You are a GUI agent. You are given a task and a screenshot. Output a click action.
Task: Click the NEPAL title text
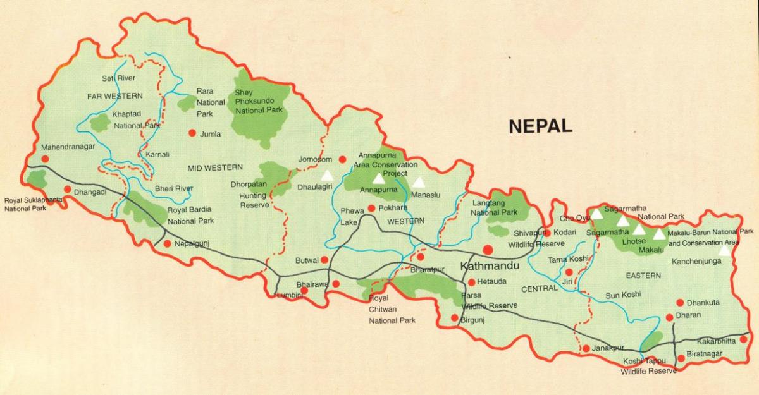540,125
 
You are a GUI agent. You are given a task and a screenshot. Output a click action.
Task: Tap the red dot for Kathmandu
489,249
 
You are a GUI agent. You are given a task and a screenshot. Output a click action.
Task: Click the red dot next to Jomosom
342,159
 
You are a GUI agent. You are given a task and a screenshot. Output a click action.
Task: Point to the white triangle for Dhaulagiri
327,175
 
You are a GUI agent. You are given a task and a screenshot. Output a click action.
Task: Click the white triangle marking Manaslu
419,182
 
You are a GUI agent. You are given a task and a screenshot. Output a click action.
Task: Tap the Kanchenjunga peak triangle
724,250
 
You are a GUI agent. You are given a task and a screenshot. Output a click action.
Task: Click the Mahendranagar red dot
45,159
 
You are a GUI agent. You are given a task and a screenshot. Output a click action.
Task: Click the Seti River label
118,78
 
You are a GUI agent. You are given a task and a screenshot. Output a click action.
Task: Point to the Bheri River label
174,189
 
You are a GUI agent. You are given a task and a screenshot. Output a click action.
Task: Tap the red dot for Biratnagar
681,358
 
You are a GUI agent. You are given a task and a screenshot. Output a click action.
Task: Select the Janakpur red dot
586,348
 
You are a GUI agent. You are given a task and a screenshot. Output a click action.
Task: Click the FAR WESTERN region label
116,96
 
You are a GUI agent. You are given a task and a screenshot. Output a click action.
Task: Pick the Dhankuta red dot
680,303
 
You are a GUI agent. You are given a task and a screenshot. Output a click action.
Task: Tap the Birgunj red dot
454,318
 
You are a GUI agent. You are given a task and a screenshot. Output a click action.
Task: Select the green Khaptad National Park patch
99,123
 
